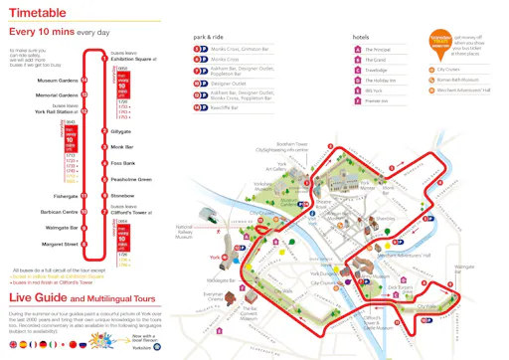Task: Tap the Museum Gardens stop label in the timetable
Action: coord(58,81)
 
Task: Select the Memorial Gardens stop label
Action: coord(57,95)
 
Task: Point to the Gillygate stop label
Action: coord(121,130)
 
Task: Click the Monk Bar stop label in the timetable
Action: coord(122,146)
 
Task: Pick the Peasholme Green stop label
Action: coord(130,179)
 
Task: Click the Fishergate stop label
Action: coord(66,196)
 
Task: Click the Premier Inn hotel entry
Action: coord(379,100)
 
